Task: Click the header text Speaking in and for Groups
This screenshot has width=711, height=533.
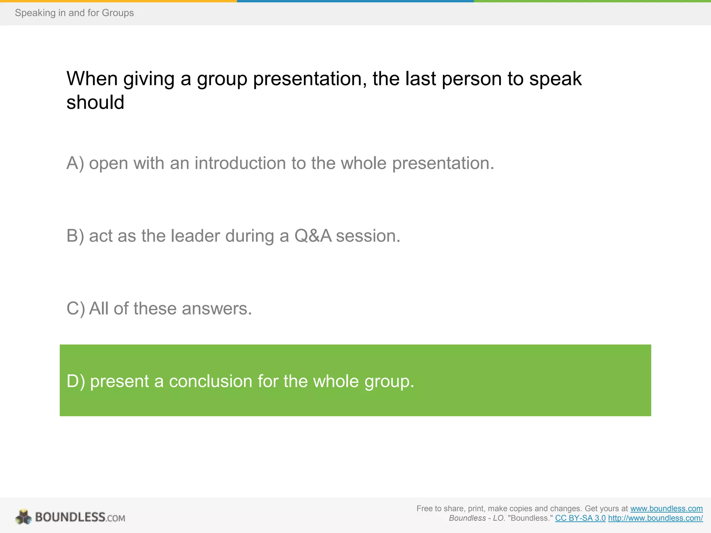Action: [74, 13]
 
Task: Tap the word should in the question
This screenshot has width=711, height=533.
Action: [95, 103]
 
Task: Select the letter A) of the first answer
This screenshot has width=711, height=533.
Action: [75, 163]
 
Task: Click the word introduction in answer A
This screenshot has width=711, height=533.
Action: [240, 163]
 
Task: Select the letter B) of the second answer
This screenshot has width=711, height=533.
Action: [75, 236]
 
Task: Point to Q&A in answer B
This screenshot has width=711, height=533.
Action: [313, 236]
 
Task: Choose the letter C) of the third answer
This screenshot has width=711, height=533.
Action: [75, 308]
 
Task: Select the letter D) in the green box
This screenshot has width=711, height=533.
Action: [75, 381]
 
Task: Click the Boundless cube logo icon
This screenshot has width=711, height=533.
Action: [23, 517]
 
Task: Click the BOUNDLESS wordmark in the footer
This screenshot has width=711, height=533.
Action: [70, 517]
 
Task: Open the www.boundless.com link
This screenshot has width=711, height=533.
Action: [666, 508]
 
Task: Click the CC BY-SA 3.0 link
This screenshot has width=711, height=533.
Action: [580, 518]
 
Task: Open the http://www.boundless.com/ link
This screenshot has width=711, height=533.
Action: [655, 518]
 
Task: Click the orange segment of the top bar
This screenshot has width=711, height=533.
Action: [118, 1]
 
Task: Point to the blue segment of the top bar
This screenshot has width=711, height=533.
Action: [355, 1]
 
